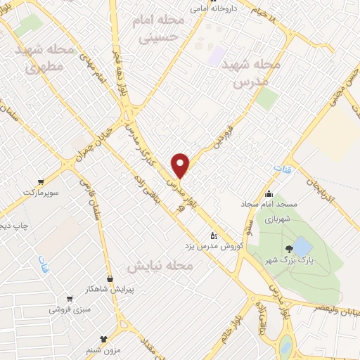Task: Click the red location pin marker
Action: (181, 165)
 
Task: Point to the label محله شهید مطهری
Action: (46, 59)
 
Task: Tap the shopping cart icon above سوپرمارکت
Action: (41, 180)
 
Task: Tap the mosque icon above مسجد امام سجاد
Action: (268, 194)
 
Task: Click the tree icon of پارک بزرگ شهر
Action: (288, 248)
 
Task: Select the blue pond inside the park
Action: (302, 246)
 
